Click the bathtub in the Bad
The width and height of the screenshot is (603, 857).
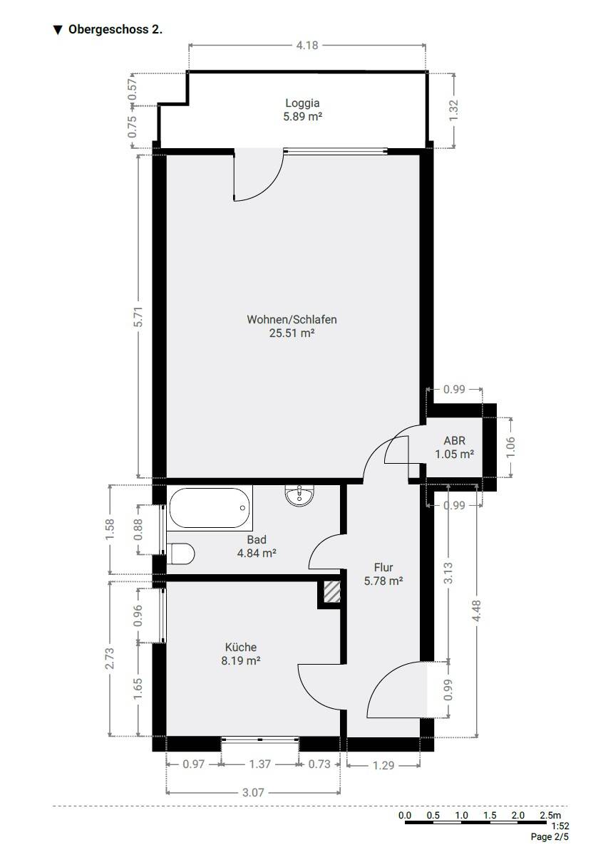(x=209, y=508)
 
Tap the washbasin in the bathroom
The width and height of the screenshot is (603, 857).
(x=299, y=494)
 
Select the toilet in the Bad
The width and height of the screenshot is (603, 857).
(x=181, y=554)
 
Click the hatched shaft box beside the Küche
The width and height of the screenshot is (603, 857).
(x=332, y=591)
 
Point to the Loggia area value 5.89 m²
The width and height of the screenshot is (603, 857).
(x=302, y=116)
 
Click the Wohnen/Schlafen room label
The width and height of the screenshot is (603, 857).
(x=292, y=319)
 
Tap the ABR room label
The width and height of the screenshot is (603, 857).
(x=455, y=440)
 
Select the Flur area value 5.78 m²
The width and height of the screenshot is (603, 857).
(x=383, y=581)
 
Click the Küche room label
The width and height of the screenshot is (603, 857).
(x=241, y=647)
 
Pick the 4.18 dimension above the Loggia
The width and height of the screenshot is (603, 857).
(x=307, y=46)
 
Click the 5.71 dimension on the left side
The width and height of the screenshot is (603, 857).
(x=140, y=316)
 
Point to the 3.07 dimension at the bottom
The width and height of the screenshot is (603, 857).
(x=253, y=792)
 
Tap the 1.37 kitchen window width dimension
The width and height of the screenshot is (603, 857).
(x=260, y=764)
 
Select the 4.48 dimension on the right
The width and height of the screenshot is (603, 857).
(x=477, y=611)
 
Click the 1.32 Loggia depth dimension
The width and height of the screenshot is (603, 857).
(x=454, y=110)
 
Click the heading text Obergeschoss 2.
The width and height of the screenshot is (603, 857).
(x=115, y=29)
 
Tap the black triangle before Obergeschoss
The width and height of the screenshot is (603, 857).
(x=58, y=30)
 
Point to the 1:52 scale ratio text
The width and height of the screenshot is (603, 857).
(x=560, y=826)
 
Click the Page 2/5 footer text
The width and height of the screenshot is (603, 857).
(x=550, y=837)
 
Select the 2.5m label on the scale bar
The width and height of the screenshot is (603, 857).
(x=550, y=815)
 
